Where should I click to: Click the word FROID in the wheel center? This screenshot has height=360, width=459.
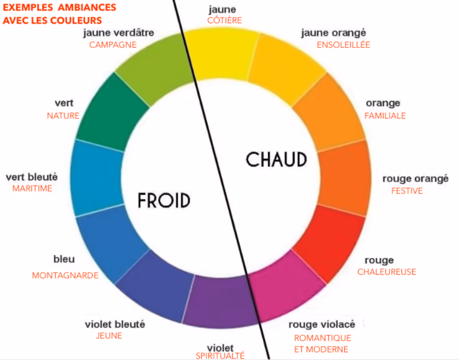(164, 200)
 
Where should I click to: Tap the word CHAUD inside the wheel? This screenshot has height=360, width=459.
(277, 160)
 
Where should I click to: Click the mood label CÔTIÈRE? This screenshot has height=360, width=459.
(225, 20)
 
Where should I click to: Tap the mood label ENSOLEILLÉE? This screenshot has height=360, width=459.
(343, 45)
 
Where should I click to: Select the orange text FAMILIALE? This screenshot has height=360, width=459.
(385, 115)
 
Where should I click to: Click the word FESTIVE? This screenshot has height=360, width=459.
(407, 191)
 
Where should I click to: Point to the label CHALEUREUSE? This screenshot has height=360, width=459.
(386, 272)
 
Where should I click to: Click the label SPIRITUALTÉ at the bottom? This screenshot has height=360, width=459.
(220, 356)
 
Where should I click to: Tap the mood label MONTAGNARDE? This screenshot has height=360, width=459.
(65, 276)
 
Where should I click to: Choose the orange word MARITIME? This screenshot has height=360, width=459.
(32, 189)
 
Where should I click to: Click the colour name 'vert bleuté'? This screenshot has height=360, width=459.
(32, 178)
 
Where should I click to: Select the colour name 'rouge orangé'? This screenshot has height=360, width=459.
(415, 179)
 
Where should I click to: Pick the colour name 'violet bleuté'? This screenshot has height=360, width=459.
(115, 324)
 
